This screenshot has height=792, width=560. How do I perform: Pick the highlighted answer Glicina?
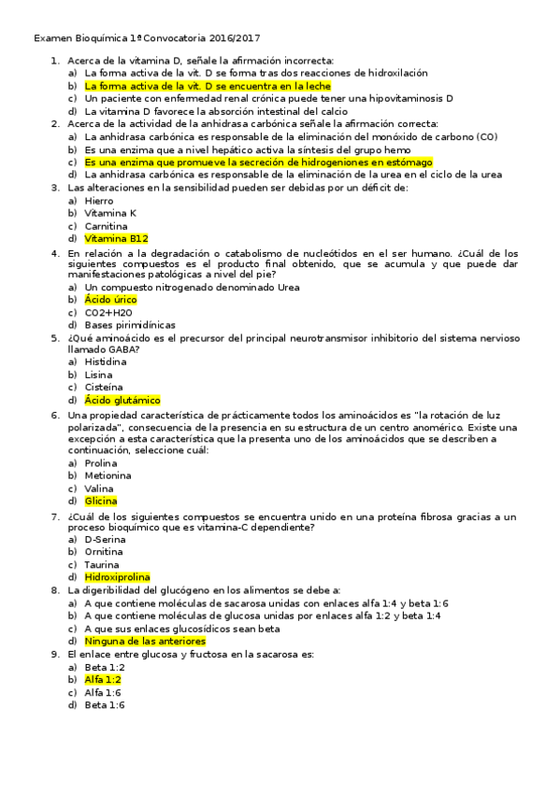coord(100,501)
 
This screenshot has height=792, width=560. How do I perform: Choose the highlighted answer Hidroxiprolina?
coord(117,577)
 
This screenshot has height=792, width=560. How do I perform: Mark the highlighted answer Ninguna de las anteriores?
coord(144,642)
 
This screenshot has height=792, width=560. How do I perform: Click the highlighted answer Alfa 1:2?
coord(102,680)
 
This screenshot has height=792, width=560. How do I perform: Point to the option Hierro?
coord(98,201)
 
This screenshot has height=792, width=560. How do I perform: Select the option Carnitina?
coord(106,226)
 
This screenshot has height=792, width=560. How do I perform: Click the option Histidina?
coord(105,361)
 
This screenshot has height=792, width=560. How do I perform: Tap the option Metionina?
coord(108,475)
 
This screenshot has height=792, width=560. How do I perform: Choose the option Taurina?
coord(102,565)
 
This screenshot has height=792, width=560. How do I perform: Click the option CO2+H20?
coord(108,313)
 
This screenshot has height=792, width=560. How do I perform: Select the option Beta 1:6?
coord(104,705)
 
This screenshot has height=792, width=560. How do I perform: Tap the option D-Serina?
coord(104,539)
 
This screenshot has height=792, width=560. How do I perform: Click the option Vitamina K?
coord(109,213)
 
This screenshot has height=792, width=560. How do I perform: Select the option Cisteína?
coord(103,387)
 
